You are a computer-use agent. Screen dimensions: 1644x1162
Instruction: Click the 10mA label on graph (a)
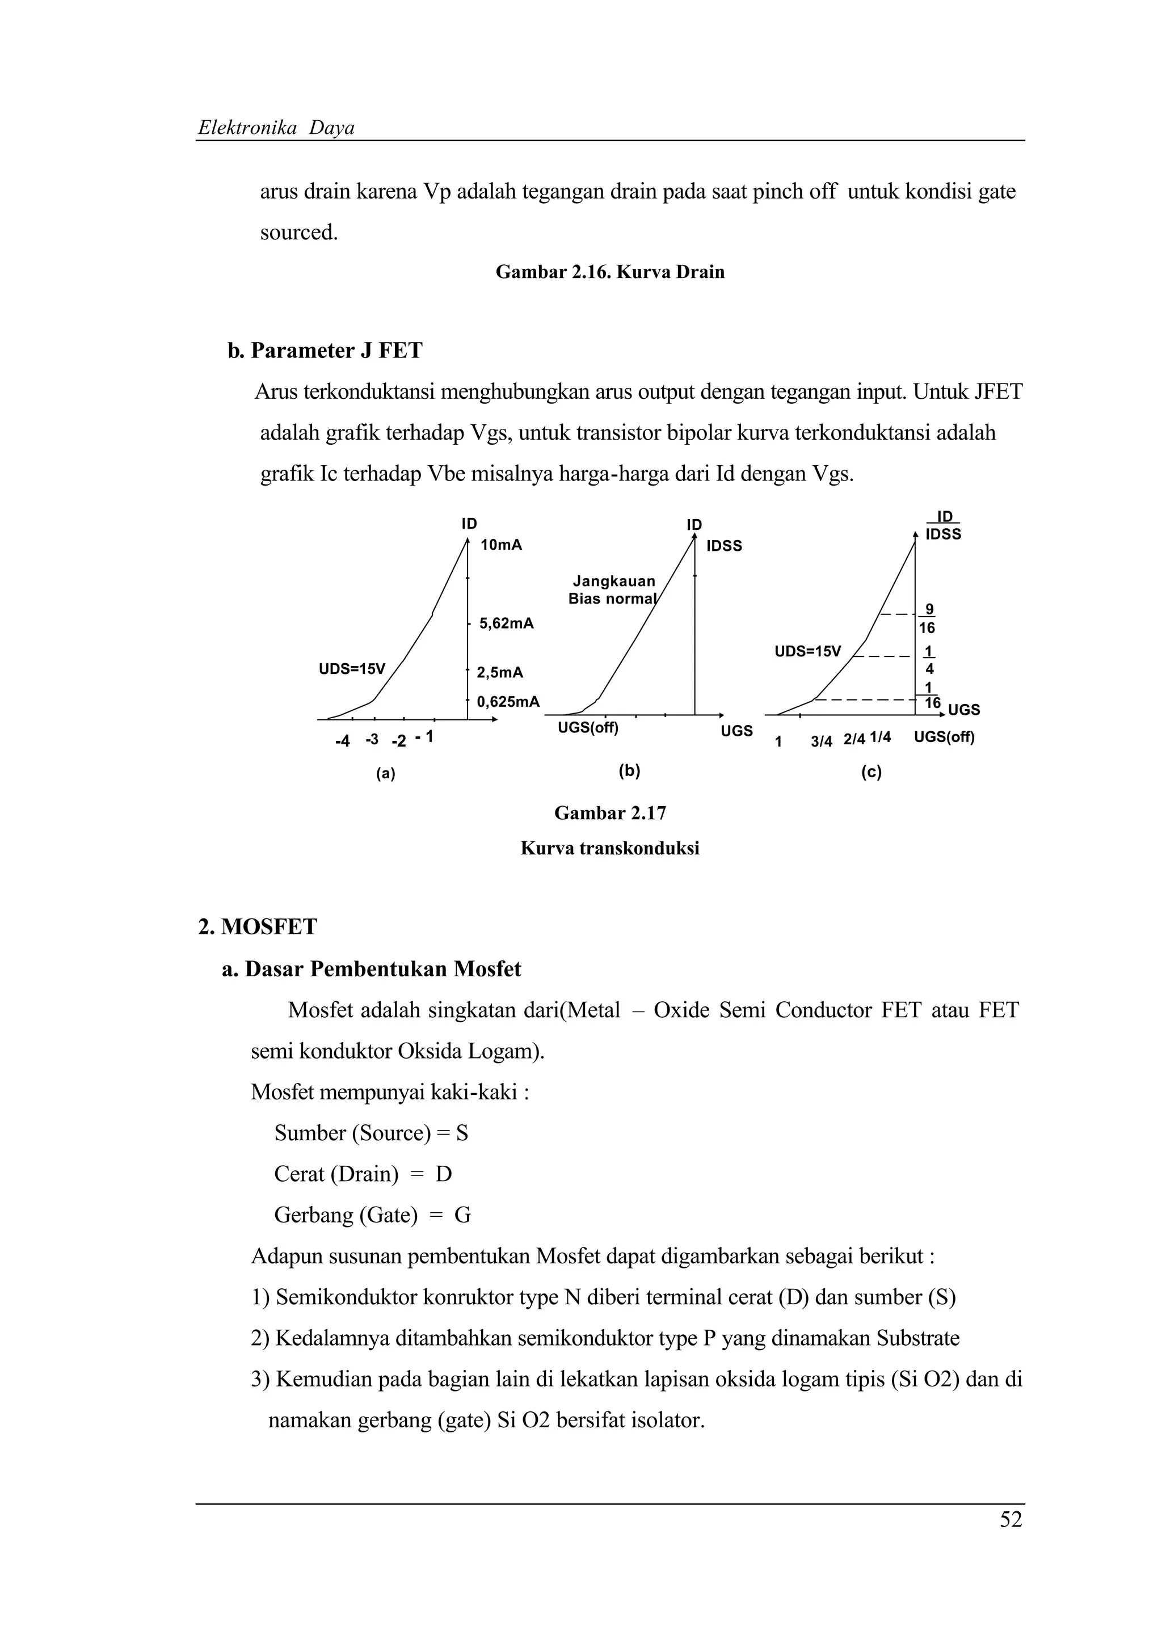501,545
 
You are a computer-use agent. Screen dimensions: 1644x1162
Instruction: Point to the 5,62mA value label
506,623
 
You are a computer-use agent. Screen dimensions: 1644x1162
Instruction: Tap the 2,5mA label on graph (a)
500,672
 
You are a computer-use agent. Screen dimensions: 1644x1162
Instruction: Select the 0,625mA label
508,702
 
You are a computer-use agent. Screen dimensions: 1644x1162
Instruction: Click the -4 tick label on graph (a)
342,741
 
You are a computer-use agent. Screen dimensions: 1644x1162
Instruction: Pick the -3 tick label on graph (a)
372,739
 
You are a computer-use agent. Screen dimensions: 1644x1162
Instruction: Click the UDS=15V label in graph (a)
352,669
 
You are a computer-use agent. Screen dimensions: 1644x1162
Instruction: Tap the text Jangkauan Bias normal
613,590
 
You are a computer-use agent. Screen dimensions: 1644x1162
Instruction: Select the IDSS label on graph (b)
724,546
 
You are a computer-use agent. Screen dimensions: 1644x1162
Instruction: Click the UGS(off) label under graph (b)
588,728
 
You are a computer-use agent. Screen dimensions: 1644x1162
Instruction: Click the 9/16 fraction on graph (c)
927,619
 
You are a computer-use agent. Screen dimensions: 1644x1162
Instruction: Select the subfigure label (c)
871,772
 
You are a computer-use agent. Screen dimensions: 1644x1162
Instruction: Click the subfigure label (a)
386,773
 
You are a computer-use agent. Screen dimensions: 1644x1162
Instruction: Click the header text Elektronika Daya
276,128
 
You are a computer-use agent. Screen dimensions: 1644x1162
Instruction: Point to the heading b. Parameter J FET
325,350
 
